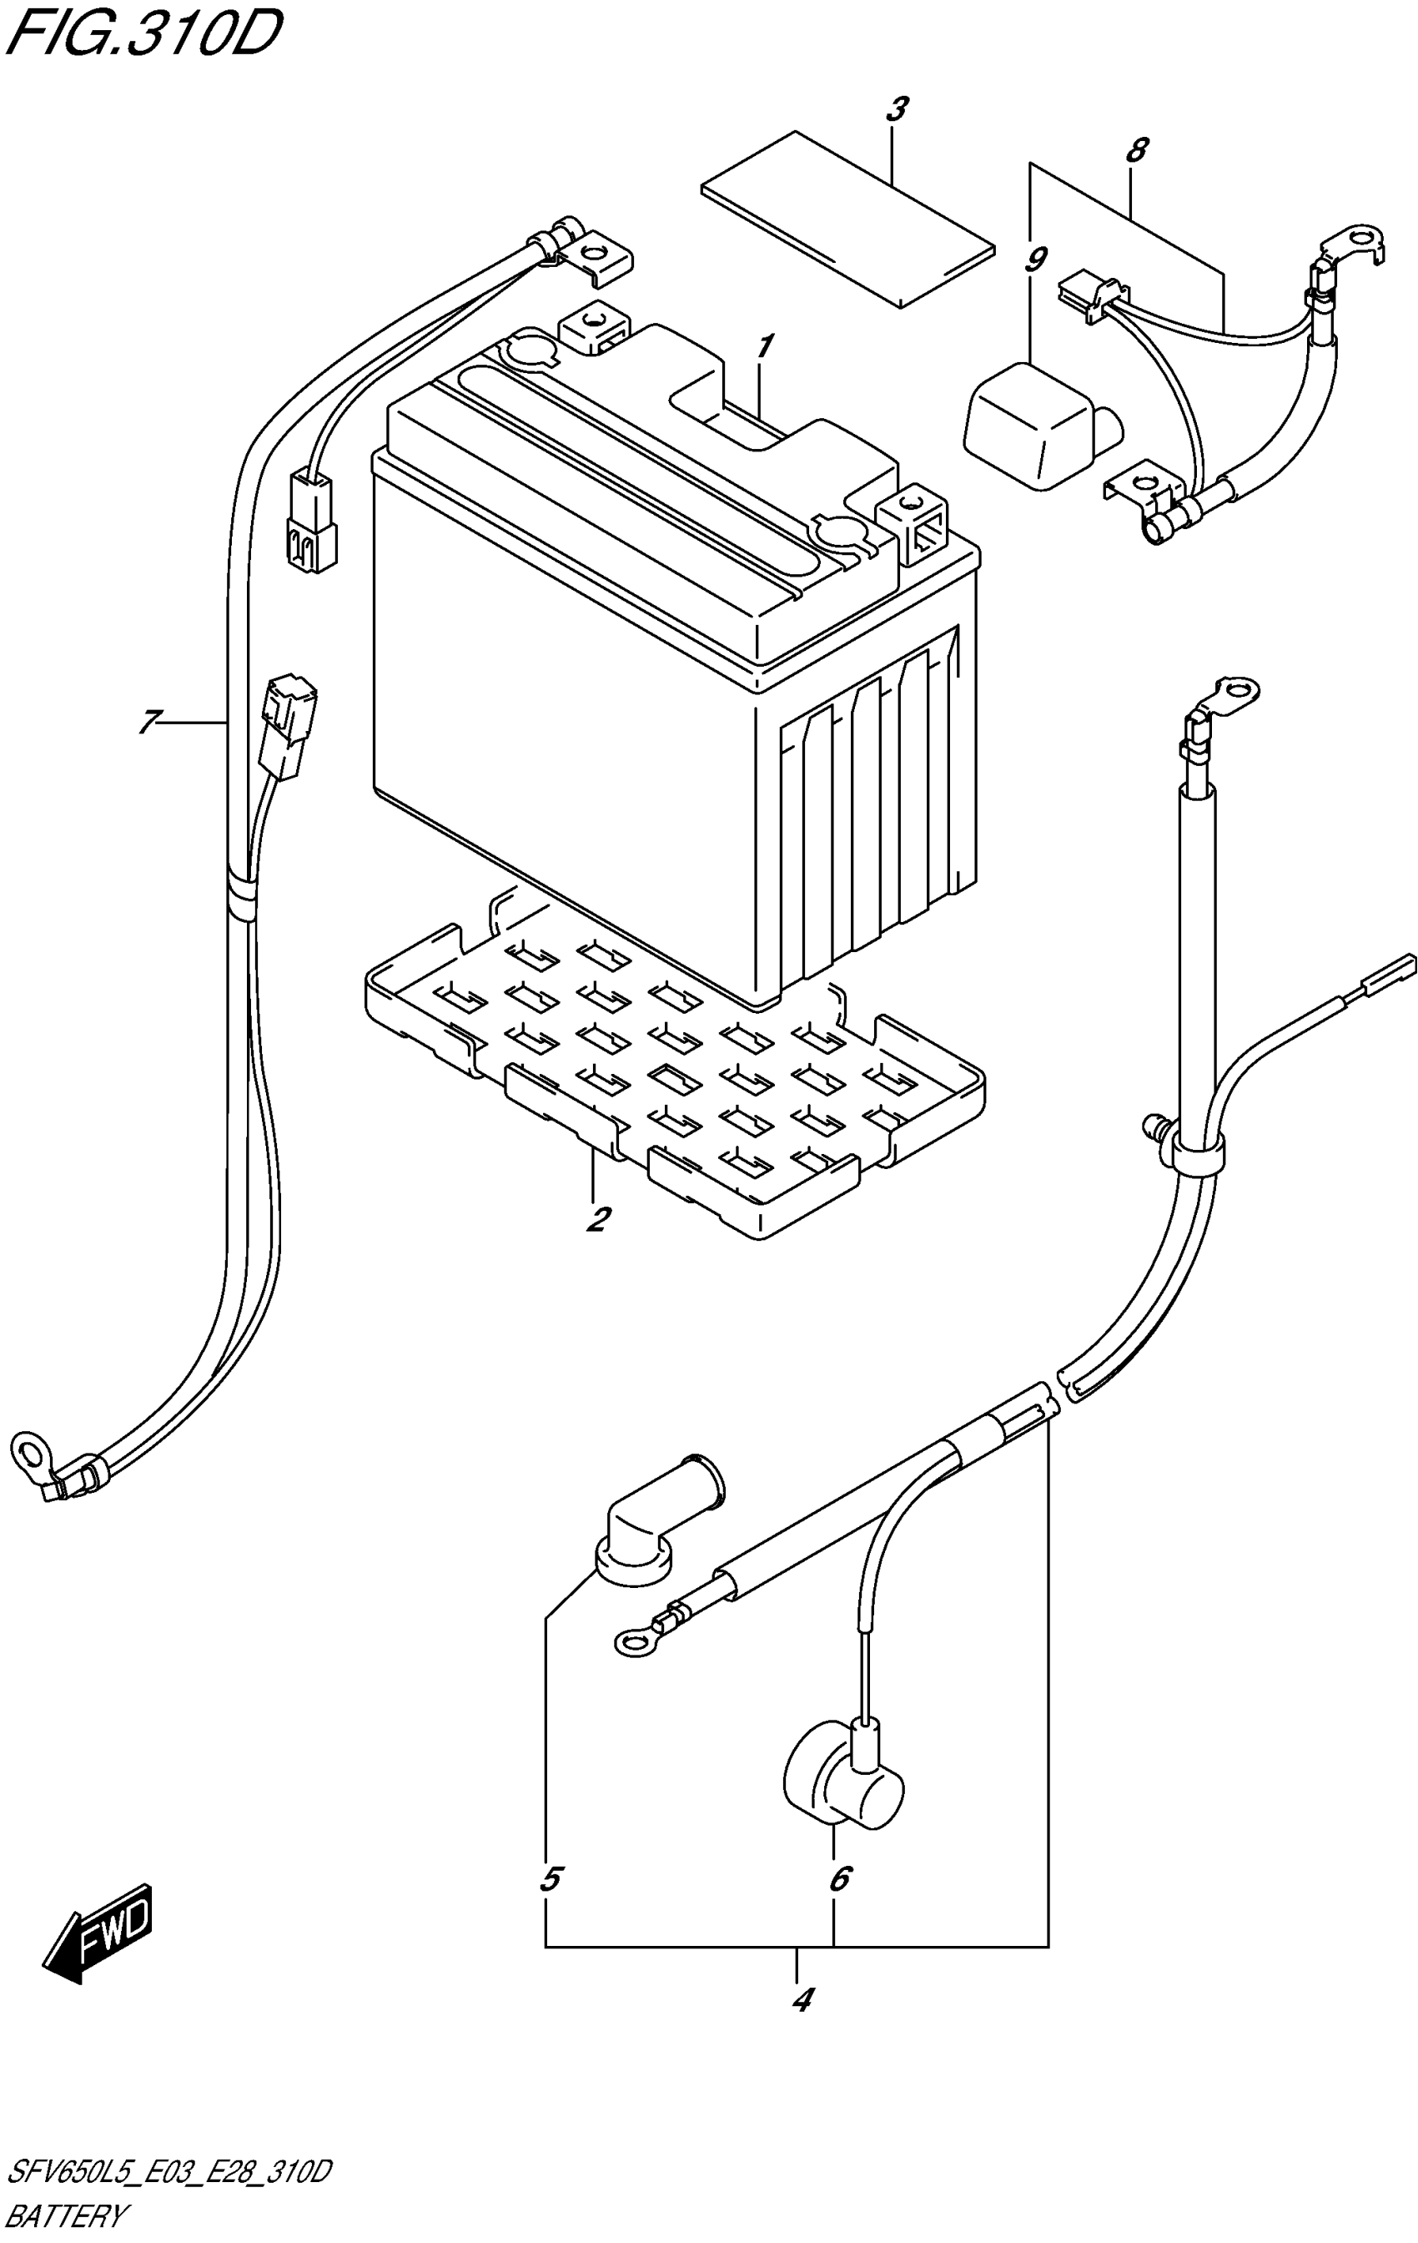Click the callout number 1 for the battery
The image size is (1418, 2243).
(763, 347)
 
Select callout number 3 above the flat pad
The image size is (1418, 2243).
(896, 110)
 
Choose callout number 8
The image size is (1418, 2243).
(1136, 150)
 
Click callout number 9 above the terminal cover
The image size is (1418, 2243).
(1034, 260)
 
